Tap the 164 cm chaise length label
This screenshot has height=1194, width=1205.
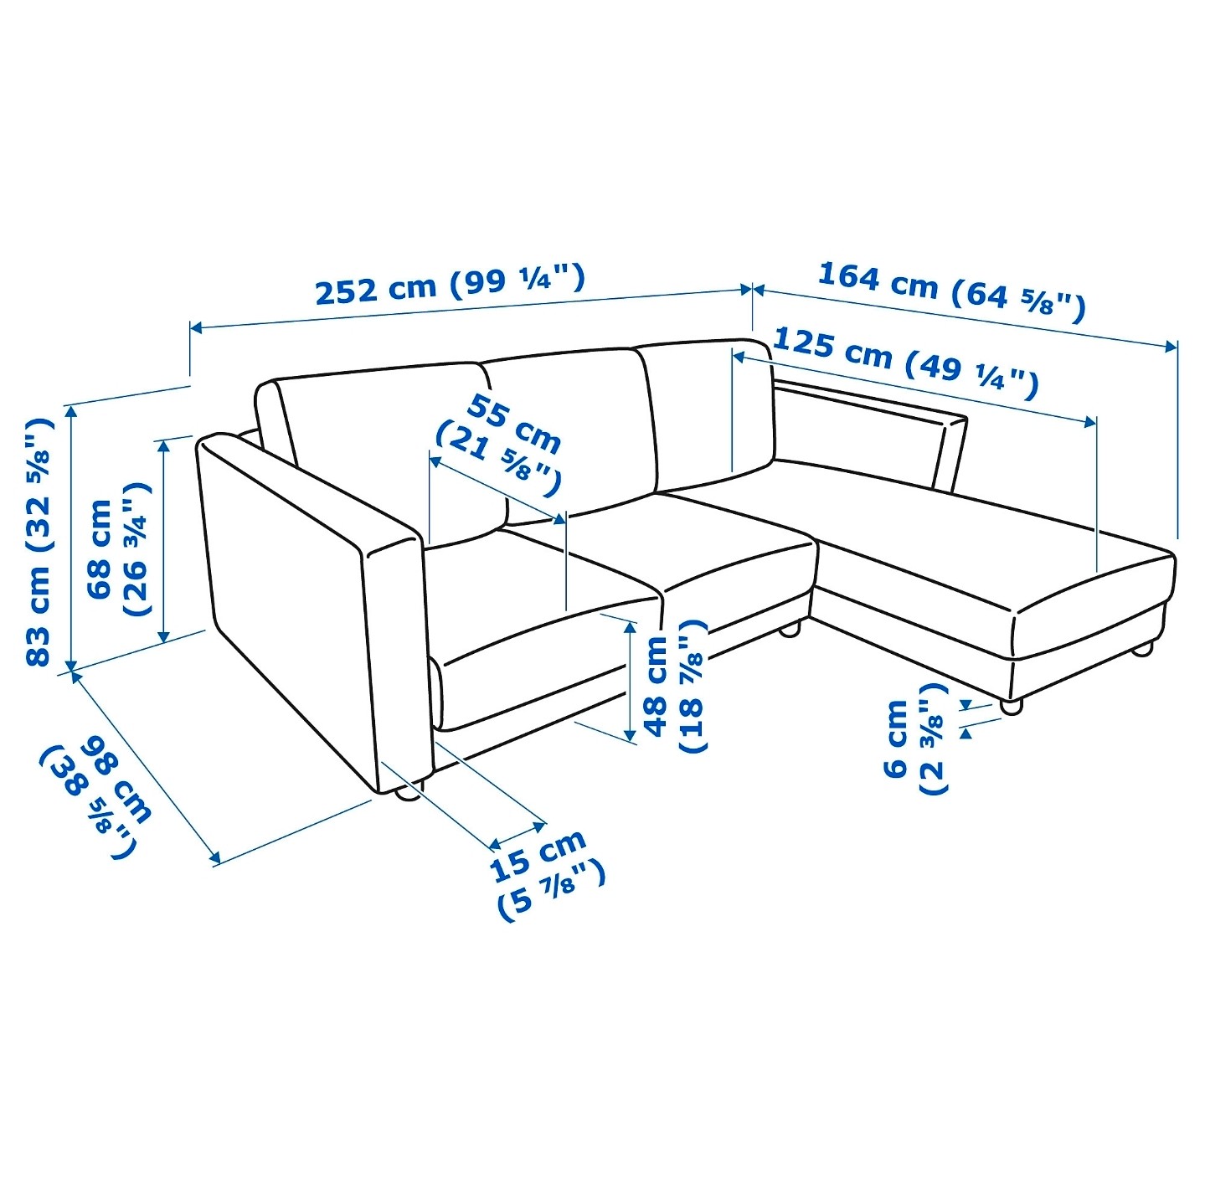(950, 293)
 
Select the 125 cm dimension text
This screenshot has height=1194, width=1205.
(905, 364)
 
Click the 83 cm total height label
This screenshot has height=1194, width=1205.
(39, 542)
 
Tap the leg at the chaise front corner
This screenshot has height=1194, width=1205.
(1012, 706)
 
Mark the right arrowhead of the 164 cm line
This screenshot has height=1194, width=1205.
(1171, 347)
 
